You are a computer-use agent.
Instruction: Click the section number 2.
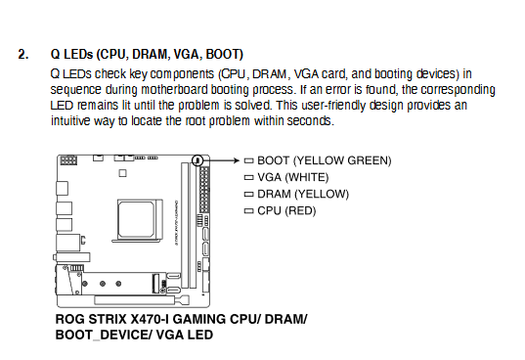(23, 54)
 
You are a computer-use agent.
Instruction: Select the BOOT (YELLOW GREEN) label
(325, 160)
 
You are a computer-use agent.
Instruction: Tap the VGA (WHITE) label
(293, 177)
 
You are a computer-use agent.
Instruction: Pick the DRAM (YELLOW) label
(303, 194)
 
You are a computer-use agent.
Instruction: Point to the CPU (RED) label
(286, 210)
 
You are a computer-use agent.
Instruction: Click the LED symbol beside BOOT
(248, 160)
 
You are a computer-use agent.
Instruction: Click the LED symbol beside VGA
(248, 177)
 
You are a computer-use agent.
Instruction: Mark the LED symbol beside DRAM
(248, 194)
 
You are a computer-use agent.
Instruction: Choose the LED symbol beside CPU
(248, 210)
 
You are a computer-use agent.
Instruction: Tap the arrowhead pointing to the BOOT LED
(237, 160)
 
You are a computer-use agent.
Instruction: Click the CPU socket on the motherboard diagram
(137, 220)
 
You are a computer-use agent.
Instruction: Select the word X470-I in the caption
(152, 319)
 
